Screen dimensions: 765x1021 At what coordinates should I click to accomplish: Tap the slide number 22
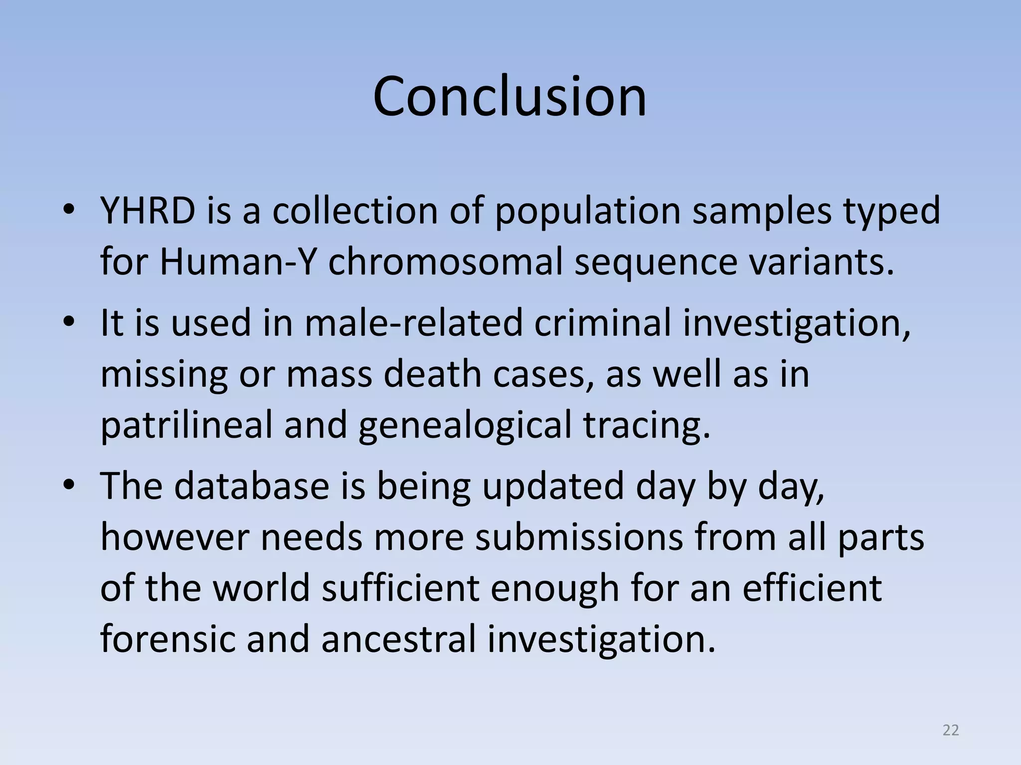click(x=951, y=730)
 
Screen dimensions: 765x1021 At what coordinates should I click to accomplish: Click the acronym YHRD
click(x=148, y=210)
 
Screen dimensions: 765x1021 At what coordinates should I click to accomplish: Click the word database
click(x=252, y=486)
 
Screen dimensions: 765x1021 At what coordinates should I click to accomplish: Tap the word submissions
click(x=578, y=538)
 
